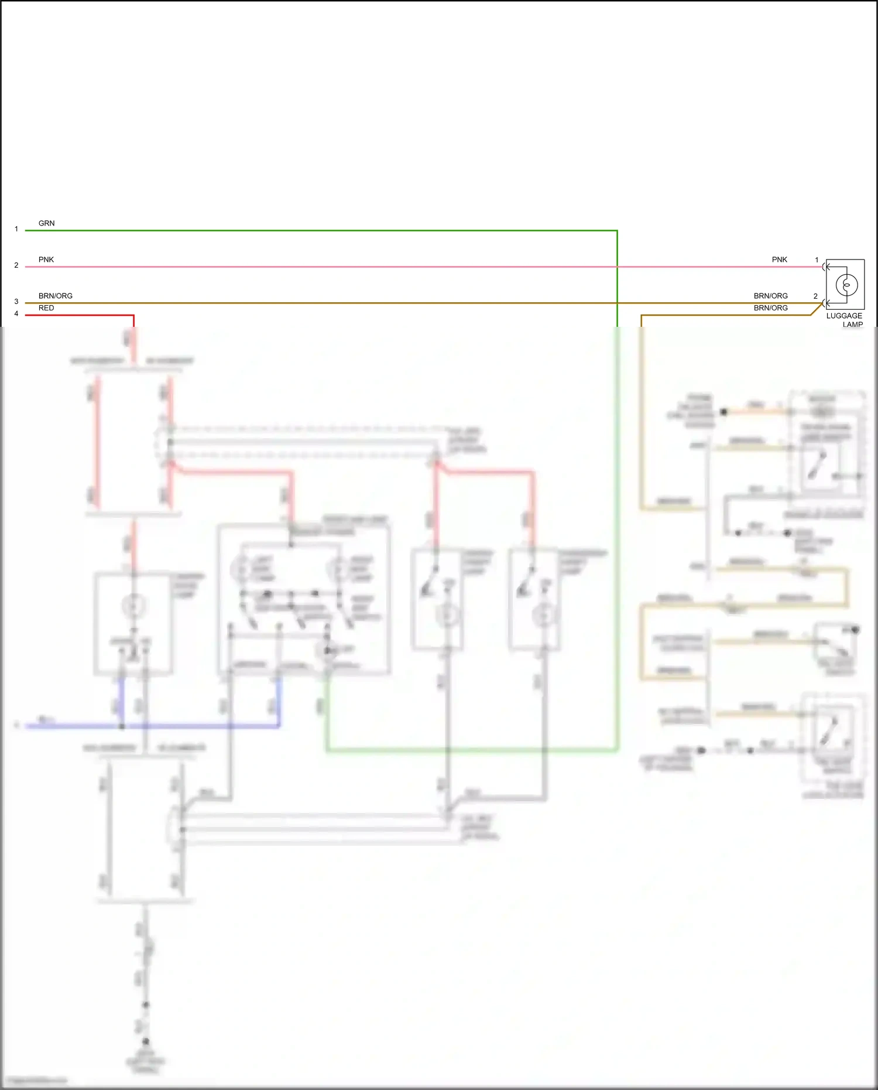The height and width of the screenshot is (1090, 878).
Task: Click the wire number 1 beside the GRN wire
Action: pyautogui.click(x=16, y=229)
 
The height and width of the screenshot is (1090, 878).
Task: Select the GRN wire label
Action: pyautogui.click(x=46, y=223)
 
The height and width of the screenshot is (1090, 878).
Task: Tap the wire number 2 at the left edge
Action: pyautogui.click(x=16, y=265)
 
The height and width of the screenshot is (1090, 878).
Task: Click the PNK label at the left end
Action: pyautogui.click(x=46, y=259)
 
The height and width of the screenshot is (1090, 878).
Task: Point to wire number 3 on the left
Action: pyautogui.click(x=16, y=302)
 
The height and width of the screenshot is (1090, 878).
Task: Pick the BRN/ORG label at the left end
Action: pyautogui.click(x=56, y=296)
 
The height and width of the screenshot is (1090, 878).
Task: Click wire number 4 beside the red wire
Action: pyautogui.click(x=16, y=314)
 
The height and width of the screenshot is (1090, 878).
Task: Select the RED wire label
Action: pyautogui.click(x=46, y=308)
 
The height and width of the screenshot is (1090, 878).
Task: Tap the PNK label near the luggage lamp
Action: pyautogui.click(x=779, y=259)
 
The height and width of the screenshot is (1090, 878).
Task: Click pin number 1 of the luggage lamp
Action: pyautogui.click(x=817, y=260)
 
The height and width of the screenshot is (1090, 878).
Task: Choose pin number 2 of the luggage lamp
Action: pyautogui.click(x=815, y=296)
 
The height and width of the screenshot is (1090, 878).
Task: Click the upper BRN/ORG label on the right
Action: pyautogui.click(x=770, y=296)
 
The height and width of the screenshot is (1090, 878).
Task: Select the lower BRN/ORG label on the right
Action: pyautogui.click(x=770, y=308)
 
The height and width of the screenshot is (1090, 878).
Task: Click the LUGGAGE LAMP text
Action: pyautogui.click(x=844, y=320)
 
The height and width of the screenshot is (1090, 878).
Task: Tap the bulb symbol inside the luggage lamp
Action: pyautogui.click(x=846, y=285)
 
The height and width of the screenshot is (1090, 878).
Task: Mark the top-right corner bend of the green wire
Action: pyautogui.click(x=617, y=231)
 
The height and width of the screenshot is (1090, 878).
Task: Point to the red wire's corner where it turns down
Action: pyautogui.click(x=133, y=316)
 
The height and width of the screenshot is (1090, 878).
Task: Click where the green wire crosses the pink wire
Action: pyautogui.click(x=617, y=266)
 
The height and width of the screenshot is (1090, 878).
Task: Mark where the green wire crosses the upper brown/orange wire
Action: pyautogui.click(x=617, y=303)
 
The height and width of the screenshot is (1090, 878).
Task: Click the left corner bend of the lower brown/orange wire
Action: pyautogui.click(x=642, y=316)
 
